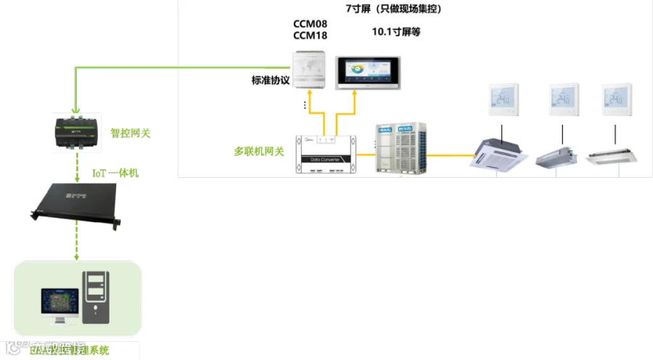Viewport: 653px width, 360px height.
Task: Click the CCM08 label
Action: tap(310, 23)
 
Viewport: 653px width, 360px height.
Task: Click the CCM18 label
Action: tap(310, 36)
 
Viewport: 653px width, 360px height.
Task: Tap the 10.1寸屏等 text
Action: tap(395, 32)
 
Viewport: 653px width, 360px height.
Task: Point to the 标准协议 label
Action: tap(271, 81)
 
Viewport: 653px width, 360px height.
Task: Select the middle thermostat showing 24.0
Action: tap(564, 99)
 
